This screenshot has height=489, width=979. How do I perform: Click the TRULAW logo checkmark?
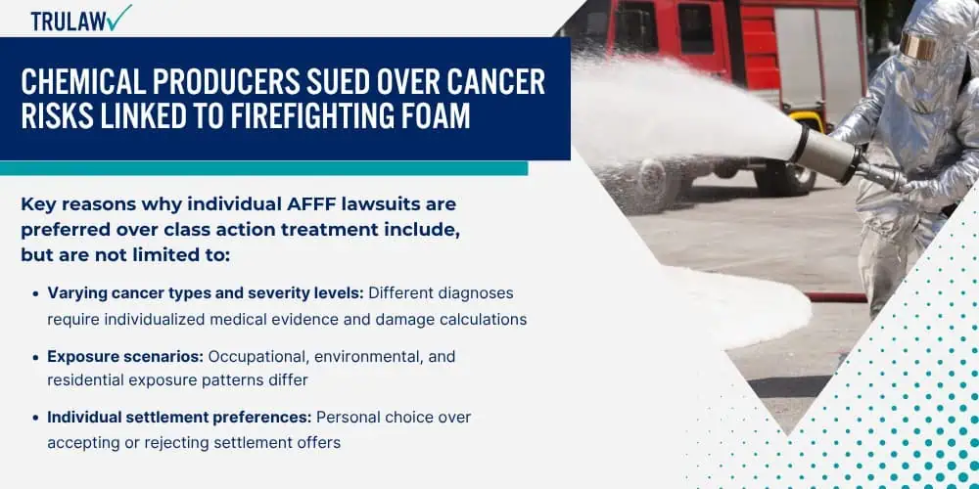pos(118,17)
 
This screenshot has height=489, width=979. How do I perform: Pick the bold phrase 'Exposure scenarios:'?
pos(125,357)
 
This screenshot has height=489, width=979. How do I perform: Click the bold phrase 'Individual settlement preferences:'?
pos(179,418)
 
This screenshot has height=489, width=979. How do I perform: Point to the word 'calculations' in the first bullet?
pos(484,320)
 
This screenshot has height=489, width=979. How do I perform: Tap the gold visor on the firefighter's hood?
pos(919,46)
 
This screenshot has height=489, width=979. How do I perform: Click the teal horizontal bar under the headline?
pos(263,168)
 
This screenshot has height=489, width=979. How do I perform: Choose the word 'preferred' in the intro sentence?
pos(66,230)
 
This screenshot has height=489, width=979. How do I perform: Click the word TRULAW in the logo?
pos(67,22)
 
